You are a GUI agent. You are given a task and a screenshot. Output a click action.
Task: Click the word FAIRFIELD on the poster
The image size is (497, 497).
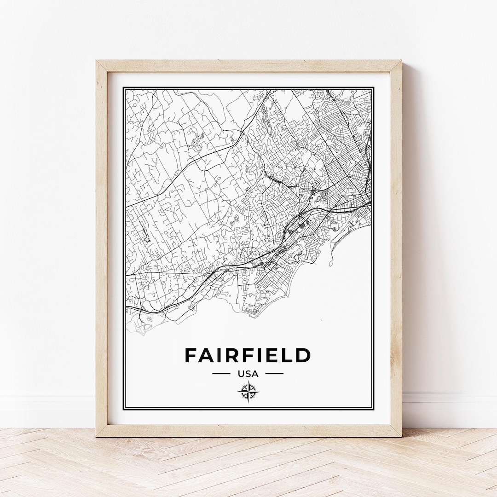(248, 355)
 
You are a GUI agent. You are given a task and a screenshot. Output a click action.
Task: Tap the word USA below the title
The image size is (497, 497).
(248, 374)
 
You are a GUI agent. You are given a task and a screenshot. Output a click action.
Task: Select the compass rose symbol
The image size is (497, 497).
(248, 392)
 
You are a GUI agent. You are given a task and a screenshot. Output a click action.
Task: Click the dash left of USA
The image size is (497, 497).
(221, 374)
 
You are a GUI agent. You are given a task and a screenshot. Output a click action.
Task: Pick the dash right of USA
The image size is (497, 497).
(275, 374)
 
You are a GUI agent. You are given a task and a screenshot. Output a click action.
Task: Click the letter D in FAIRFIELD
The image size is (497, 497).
(303, 355)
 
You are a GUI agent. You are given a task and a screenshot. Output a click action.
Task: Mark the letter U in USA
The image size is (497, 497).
(241, 374)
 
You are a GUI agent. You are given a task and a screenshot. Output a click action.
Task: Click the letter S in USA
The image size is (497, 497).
(248, 374)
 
